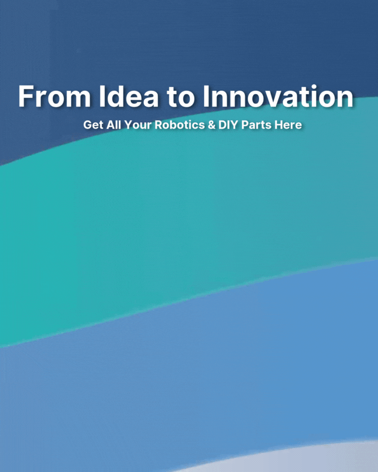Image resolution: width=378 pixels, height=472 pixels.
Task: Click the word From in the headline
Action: click(x=55, y=96)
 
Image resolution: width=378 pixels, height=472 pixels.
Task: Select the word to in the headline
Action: click(x=181, y=97)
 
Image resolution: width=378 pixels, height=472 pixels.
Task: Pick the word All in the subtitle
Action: click(x=114, y=125)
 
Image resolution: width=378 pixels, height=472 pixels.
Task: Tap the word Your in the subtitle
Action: click(x=138, y=125)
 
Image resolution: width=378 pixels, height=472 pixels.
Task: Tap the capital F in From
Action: click(x=26, y=97)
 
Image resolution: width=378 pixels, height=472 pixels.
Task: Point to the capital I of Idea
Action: click(x=102, y=97)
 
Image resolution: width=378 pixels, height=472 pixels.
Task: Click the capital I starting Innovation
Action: click(x=206, y=97)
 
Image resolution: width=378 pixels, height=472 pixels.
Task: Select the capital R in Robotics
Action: click(x=159, y=125)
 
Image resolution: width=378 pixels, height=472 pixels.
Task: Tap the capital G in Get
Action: click(x=87, y=125)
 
